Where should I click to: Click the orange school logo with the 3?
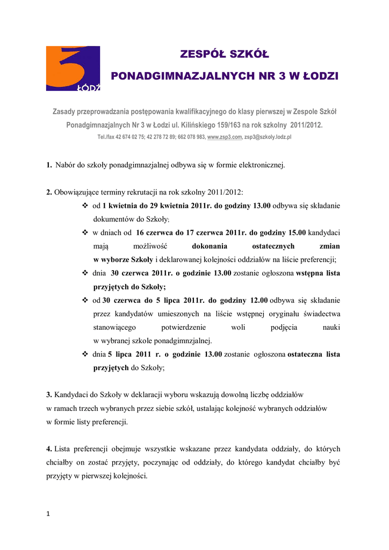click(73, 68)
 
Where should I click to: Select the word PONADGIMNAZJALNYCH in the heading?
click(178, 76)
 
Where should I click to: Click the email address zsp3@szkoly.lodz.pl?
click(268, 137)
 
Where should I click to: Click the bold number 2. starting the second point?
click(49, 192)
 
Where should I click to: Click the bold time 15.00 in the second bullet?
click(295, 233)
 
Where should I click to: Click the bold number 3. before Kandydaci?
click(49, 395)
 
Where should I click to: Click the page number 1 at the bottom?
click(48, 514)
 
